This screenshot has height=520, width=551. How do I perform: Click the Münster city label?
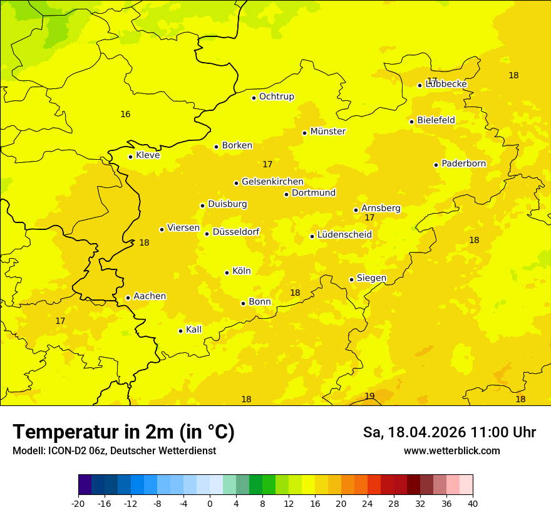click(x=327, y=132)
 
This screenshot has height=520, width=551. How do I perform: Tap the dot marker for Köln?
click(x=227, y=273)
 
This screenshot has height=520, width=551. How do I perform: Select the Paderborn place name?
click(x=463, y=164)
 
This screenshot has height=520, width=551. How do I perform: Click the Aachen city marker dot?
click(x=128, y=298)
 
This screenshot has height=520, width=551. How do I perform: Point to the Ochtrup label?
click(x=276, y=96)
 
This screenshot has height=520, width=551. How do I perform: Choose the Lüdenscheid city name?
click(x=344, y=235)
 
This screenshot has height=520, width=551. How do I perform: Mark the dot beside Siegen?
click(x=351, y=279)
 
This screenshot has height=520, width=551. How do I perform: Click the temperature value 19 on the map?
click(x=369, y=396)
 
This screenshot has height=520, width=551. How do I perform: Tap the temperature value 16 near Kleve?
click(x=125, y=114)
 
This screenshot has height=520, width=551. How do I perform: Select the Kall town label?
click(x=193, y=330)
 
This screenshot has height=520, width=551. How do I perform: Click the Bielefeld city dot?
click(x=411, y=122)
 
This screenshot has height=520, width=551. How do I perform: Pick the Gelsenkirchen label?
click(x=272, y=182)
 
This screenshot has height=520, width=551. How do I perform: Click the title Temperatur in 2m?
click(x=123, y=432)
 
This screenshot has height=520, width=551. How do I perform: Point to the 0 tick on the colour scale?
click(x=210, y=503)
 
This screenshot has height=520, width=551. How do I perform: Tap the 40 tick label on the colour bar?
click(x=473, y=503)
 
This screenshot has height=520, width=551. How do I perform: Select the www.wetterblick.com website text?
click(x=451, y=450)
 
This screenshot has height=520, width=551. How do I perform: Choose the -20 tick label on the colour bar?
click(x=78, y=503)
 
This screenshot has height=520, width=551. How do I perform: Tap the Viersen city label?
click(x=183, y=228)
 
